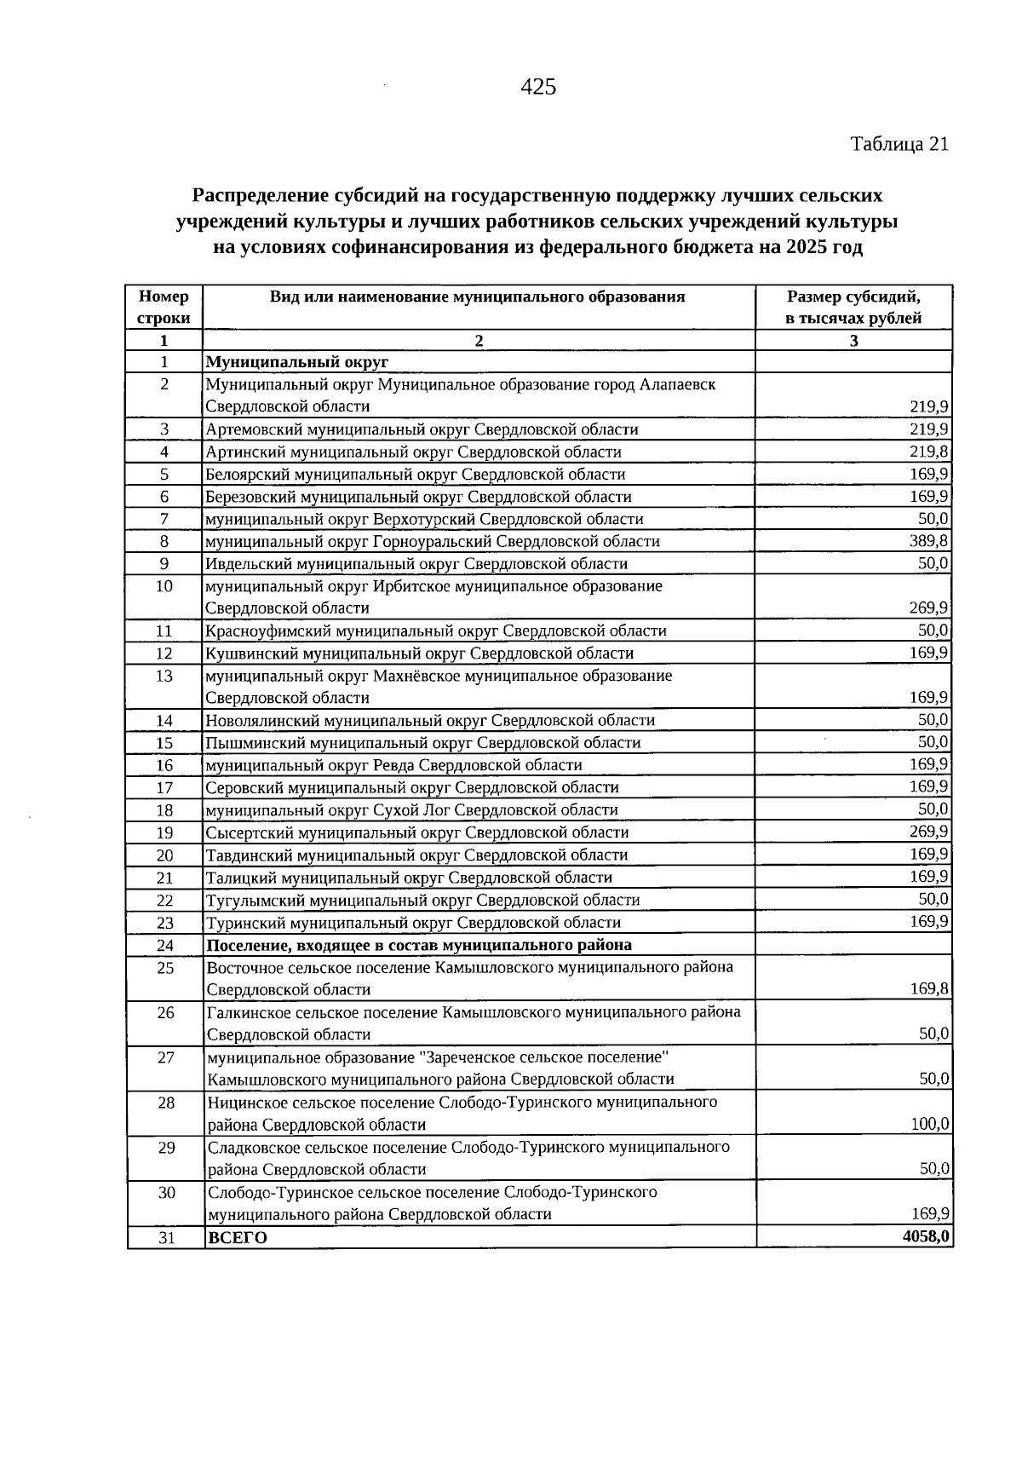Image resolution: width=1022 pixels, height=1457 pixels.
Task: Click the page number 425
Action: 537,87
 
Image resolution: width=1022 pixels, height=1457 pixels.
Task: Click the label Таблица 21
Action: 899,144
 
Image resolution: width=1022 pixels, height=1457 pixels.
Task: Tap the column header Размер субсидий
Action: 853,297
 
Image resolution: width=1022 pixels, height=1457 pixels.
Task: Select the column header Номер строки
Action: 164,308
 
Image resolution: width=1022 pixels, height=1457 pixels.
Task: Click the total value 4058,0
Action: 927,1236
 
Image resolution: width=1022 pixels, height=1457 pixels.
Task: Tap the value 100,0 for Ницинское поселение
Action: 929,1124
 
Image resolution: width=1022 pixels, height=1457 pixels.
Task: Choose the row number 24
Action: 165,945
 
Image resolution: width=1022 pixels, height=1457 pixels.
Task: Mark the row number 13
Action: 165,676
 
